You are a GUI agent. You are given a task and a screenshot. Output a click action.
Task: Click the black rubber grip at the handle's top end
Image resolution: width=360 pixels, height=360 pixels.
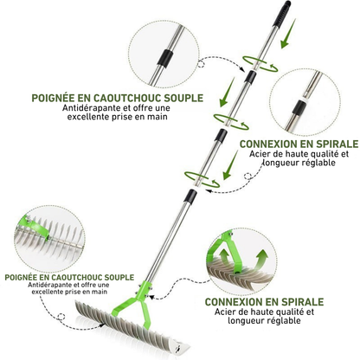click(x=282, y=14)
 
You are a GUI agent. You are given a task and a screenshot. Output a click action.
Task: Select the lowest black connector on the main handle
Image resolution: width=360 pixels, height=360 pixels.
click(x=190, y=196)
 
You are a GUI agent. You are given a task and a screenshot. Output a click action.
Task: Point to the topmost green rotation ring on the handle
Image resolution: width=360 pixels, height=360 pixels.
click(x=260, y=64)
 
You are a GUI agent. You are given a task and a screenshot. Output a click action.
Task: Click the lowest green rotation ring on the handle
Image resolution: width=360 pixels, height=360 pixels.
click(x=202, y=179)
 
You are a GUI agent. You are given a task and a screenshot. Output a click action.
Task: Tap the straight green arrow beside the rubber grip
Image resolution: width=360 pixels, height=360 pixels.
click(x=288, y=33)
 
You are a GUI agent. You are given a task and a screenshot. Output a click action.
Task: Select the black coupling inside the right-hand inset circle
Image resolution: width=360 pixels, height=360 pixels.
click(x=299, y=107)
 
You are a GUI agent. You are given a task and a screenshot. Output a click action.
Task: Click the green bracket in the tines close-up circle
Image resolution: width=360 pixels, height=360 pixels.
click(x=37, y=227)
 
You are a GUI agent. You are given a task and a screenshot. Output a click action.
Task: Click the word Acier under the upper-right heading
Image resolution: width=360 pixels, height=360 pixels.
click(x=258, y=154)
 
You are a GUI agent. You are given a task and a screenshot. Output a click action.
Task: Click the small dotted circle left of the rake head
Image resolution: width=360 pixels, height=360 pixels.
click(x=61, y=317)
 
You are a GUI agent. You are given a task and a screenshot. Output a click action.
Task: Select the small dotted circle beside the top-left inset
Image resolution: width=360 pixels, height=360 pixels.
click(x=202, y=64)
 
